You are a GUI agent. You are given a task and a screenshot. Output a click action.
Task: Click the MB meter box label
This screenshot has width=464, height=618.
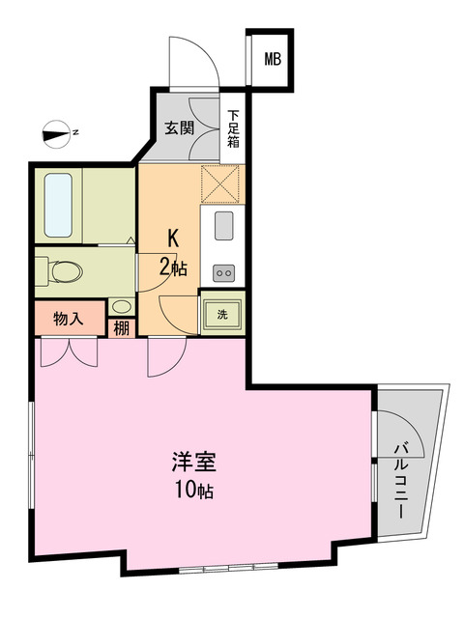pos(274,60)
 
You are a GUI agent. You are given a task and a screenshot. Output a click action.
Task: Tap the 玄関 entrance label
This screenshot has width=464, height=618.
pos(179,127)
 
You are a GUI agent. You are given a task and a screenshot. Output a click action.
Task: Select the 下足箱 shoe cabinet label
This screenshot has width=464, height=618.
pos(234,128)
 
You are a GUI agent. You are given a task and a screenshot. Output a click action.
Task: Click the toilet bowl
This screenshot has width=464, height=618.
pos(66,271)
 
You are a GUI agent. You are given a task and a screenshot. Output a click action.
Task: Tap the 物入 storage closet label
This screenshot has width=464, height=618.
pos(68,318)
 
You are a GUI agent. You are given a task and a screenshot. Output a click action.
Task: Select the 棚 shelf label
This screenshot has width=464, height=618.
pos(122,327)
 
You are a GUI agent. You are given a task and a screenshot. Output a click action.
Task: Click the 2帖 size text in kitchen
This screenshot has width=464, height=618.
pos(173,267)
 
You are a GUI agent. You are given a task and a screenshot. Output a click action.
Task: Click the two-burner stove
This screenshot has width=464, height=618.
pos(223,273)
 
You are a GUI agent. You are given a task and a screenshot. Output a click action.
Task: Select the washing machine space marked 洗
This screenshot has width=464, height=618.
pos(222,314)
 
